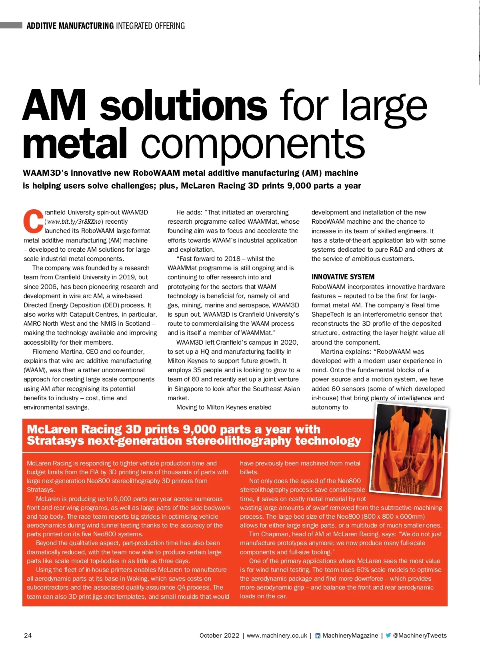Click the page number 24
pos(28,635)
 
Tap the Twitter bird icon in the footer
pos(388,635)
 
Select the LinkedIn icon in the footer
pos(318,636)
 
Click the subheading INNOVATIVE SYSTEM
pos(343,277)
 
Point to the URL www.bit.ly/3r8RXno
pos(74,222)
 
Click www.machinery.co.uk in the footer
pos(277,635)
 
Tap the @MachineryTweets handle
pos(420,635)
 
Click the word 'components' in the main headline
pos(253,145)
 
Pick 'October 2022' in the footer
pos(219,635)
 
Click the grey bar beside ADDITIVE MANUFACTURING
pos(11,26)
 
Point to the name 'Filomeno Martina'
pos(58,351)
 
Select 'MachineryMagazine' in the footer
pos(350,635)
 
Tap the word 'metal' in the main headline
pos(75,145)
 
